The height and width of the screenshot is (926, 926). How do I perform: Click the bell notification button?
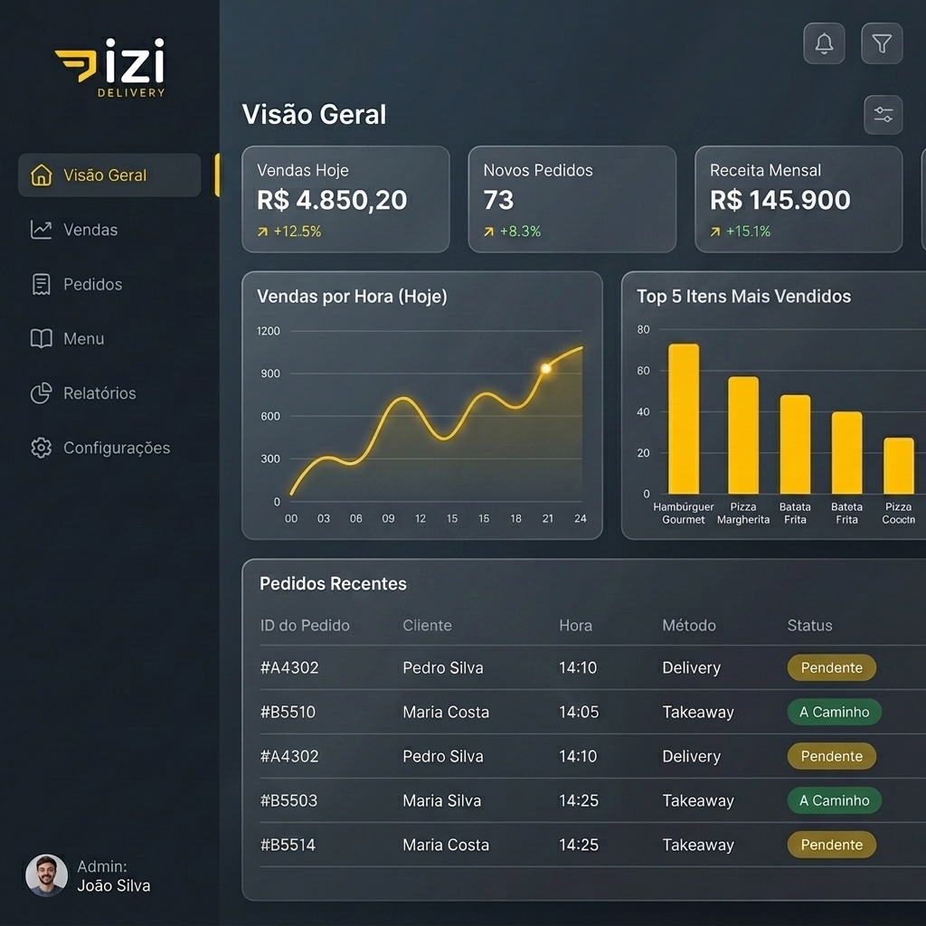[x=824, y=43]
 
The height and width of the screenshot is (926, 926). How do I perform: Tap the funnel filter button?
[x=882, y=43]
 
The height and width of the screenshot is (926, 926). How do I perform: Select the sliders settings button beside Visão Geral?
[x=883, y=115]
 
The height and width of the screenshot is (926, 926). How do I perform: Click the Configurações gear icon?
[x=42, y=448]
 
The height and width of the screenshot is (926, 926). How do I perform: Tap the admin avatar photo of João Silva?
[x=47, y=875]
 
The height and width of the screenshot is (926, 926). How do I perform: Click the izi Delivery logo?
[x=110, y=68]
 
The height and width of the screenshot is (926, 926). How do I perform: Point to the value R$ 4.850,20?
[x=332, y=200]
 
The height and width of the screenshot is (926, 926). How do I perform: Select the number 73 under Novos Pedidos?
[x=498, y=200]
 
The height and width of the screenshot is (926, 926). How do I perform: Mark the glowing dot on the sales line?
[x=546, y=369]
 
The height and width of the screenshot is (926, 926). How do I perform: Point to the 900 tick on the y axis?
[x=270, y=373]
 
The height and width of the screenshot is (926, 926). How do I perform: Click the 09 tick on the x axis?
[x=388, y=518]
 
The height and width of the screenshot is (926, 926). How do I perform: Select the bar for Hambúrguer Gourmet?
[x=684, y=419]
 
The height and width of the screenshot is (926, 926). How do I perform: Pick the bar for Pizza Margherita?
[x=743, y=435]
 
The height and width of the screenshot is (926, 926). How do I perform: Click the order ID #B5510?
[x=288, y=713]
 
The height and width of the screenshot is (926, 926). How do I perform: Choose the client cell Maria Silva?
[x=441, y=801]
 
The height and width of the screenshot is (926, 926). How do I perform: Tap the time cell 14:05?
[x=579, y=713]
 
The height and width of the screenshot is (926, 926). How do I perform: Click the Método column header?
[x=689, y=626]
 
